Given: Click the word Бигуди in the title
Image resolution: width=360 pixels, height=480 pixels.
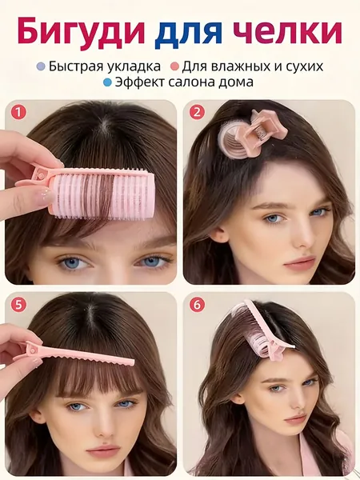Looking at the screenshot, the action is (x=81, y=32).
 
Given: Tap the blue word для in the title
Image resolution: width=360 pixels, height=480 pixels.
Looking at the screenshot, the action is (x=188, y=33).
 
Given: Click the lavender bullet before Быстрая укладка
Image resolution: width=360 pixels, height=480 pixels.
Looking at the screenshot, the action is (x=41, y=66).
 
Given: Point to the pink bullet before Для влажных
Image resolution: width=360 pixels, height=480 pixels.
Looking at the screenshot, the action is (x=174, y=66).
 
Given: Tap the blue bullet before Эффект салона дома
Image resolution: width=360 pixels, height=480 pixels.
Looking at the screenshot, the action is (x=107, y=82).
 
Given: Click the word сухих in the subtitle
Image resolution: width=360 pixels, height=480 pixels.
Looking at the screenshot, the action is (x=304, y=66).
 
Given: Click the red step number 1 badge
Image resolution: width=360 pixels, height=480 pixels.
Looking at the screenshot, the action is (x=18, y=112).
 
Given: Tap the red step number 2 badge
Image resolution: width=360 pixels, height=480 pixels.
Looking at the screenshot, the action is (x=197, y=112).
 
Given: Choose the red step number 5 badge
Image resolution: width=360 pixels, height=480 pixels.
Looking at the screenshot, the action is (x=18, y=306).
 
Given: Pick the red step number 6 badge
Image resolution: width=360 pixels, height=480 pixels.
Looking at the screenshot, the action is (x=197, y=306).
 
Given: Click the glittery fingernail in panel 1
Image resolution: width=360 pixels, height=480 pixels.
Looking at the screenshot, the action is (x=44, y=197).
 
